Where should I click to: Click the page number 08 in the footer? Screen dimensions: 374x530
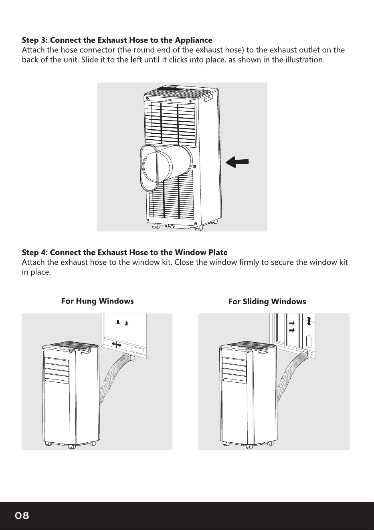pyautogui.click(x=22, y=515)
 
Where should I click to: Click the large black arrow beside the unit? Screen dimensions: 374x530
pyautogui.click(x=237, y=162)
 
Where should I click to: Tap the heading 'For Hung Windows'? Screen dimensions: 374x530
pyautogui.click(x=98, y=301)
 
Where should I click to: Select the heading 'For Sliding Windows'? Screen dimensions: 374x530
pyautogui.click(x=267, y=301)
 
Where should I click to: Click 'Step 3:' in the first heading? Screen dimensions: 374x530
pyautogui.click(x=35, y=40)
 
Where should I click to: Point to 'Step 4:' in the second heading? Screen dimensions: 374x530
pyautogui.click(x=35, y=252)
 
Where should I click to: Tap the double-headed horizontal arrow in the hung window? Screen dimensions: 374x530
pyautogui.click(x=117, y=345)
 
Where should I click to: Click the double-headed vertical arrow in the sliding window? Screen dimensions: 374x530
pyautogui.click(x=309, y=321)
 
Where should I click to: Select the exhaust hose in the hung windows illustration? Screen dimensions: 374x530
pyautogui.click(x=111, y=376)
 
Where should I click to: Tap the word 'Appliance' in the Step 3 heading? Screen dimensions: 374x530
pyautogui.click(x=194, y=40)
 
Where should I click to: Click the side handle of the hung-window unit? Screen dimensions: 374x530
pyautogui.click(x=86, y=352)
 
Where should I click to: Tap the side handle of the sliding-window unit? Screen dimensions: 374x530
pyautogui.click(x=263, y=352)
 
